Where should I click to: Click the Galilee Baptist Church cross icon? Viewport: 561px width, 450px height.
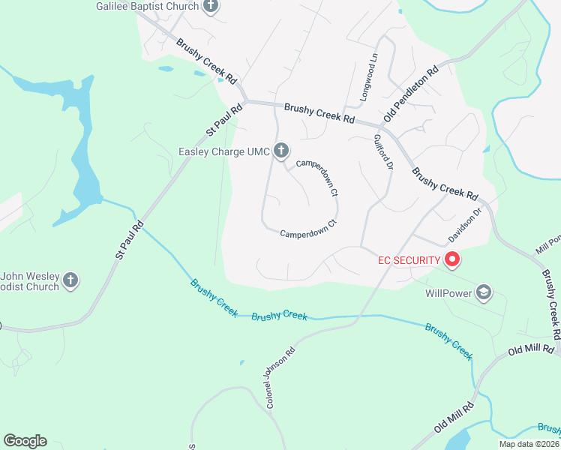(211, 7)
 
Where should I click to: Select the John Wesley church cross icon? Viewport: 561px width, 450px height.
(70, 281)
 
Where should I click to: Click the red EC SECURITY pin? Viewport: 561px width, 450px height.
(452, 260)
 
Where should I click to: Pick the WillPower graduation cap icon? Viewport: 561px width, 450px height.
(484, 292)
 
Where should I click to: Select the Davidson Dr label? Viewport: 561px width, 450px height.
(463, 224)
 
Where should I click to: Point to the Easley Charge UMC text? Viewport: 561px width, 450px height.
(223, 152)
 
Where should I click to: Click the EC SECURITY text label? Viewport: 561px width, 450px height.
(407, 260)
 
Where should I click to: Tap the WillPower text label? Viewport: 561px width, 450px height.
(448, 292)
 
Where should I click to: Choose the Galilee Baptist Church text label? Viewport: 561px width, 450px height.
(148, 7)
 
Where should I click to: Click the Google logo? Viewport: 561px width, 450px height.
(25, 441)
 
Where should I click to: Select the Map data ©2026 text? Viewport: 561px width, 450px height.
(528, 444)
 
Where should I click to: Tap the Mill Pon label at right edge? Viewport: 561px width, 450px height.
(548, 244)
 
